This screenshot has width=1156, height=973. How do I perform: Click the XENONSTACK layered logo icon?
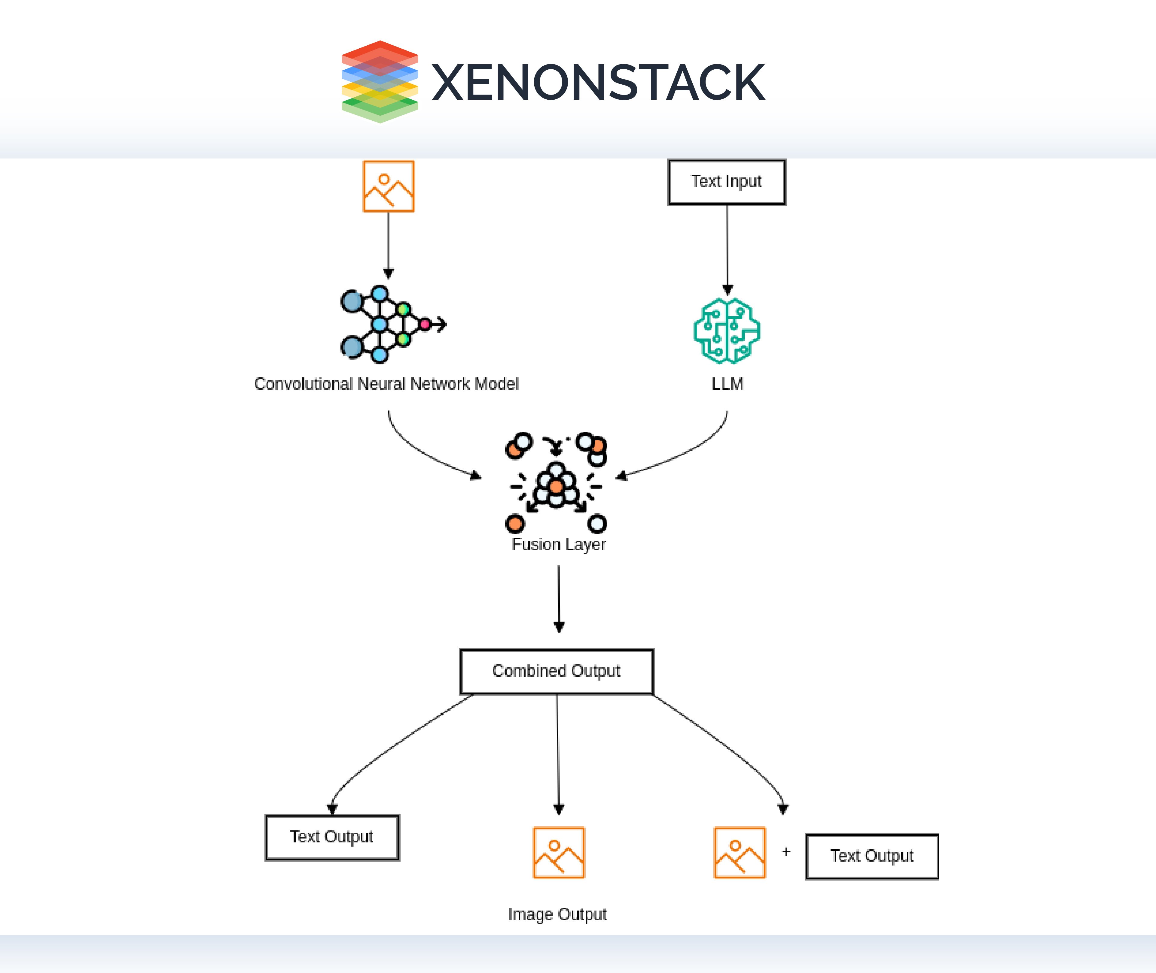[x=380, y=82]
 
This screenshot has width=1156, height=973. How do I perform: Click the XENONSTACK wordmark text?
[x=598, y=83]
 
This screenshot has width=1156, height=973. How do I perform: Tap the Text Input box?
[x=727, y=182]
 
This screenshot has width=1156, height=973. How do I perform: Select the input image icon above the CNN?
[x=388, y=186]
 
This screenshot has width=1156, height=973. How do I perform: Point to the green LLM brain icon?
[x=727, y=331]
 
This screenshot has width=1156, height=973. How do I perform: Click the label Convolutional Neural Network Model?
[x=386, y=384]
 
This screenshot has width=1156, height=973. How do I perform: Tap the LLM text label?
[x=727, y=384]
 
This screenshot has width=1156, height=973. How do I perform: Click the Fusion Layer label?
[x=559, y=544]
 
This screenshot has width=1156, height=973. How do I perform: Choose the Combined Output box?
[x=557, y=671]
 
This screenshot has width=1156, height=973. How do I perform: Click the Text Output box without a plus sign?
[x=332, y=837]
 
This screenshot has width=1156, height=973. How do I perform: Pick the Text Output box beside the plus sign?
[x=872, y=856]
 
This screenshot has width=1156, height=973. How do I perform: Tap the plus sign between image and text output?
[x=786, y=852]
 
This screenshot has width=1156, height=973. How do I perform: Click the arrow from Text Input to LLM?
[x=727, y=248]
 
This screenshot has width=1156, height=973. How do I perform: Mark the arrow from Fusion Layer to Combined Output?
[x=559, y=598]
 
